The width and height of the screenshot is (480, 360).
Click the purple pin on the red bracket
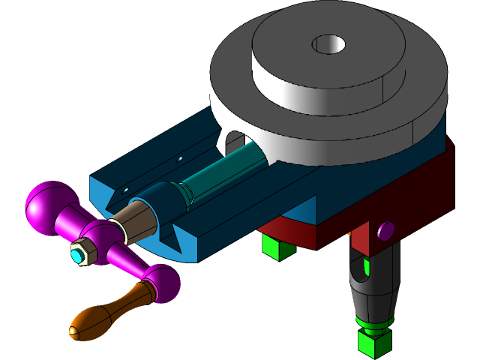pos(386,230)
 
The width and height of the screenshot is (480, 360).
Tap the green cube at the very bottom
pos(372,343)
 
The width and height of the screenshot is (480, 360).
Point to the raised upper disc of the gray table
pos(322,60)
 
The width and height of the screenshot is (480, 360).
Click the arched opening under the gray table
pos(232,139)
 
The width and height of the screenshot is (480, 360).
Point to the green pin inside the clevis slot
pos(365,266)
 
